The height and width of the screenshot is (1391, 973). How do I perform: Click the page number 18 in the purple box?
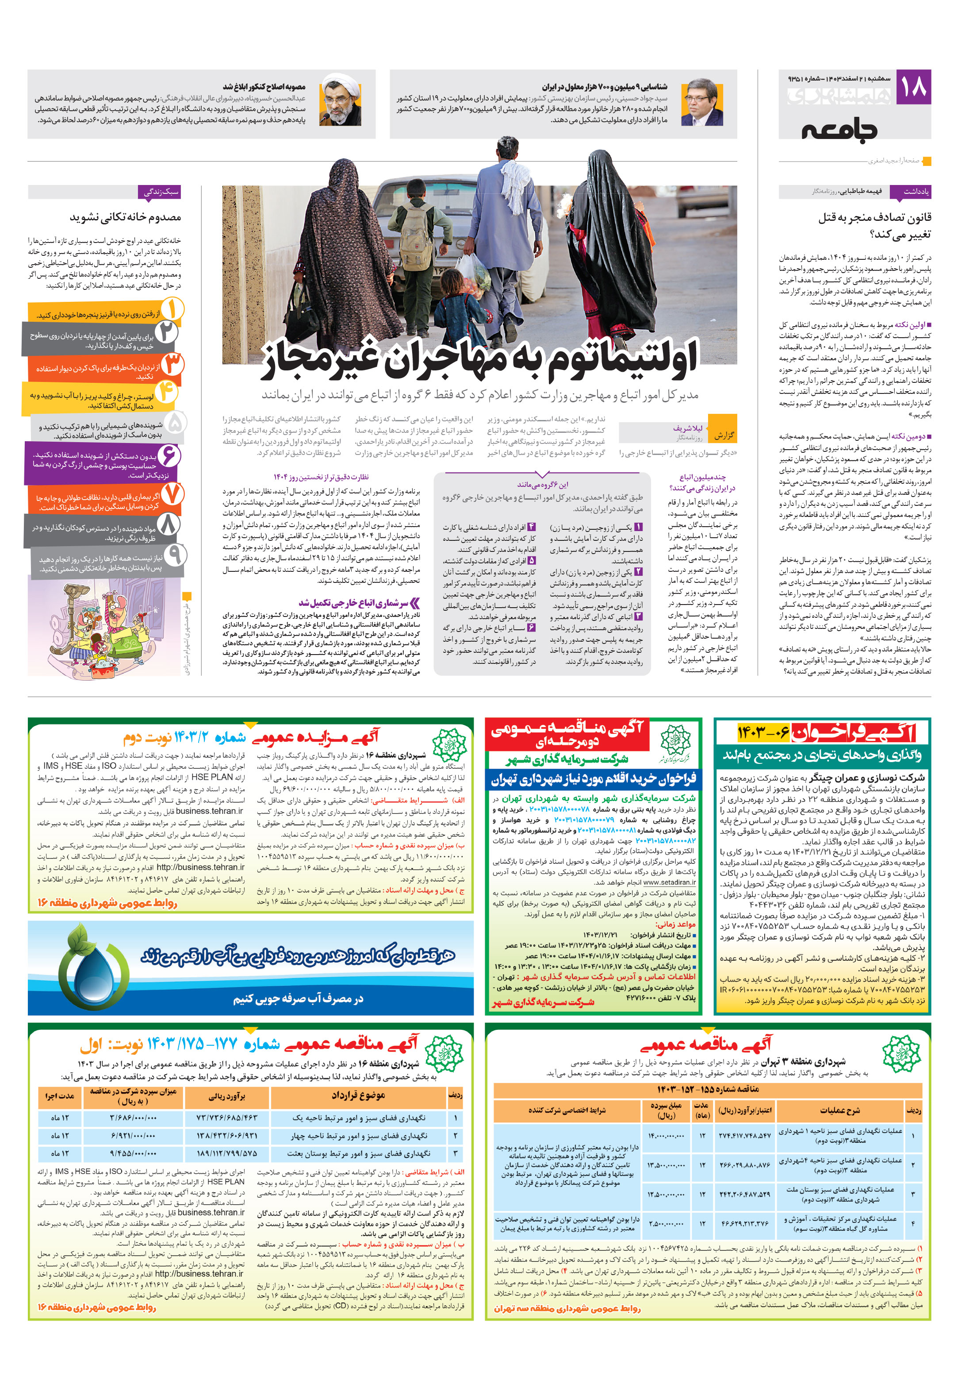913,87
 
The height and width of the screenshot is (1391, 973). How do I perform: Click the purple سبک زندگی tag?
160,192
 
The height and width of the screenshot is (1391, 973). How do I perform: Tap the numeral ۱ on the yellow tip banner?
171,310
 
